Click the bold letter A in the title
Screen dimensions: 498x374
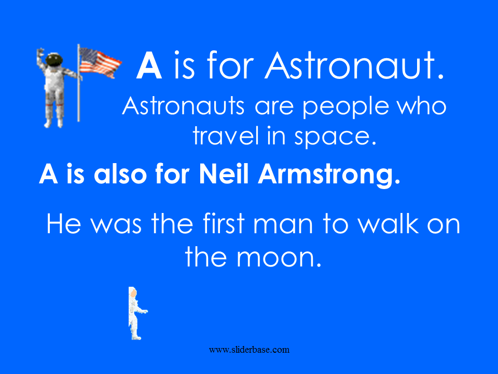pyautogui.click(x=149, y=65)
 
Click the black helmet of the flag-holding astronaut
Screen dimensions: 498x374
pyautogui.click(x=53, y=60)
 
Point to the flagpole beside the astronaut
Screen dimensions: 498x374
pyautogui.click(x=78, y=83)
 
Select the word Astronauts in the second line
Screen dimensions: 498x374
pyautogui.click(x=183, y=105)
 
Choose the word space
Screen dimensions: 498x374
pyautogui.click(x=335, y=137)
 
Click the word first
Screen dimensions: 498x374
pyautogui.click(x=224, y=223)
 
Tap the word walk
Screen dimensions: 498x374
pyautogui.click(x=389, y=223)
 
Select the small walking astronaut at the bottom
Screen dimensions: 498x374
pyautogui.click(x=137, y=313)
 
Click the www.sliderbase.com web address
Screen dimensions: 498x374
pyautogui.click(x=249, y=350)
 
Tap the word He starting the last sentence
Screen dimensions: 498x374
pyautogui.click(x=63, y=223)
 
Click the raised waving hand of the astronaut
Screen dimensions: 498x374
pyautogui.click(x=40, y=53)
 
